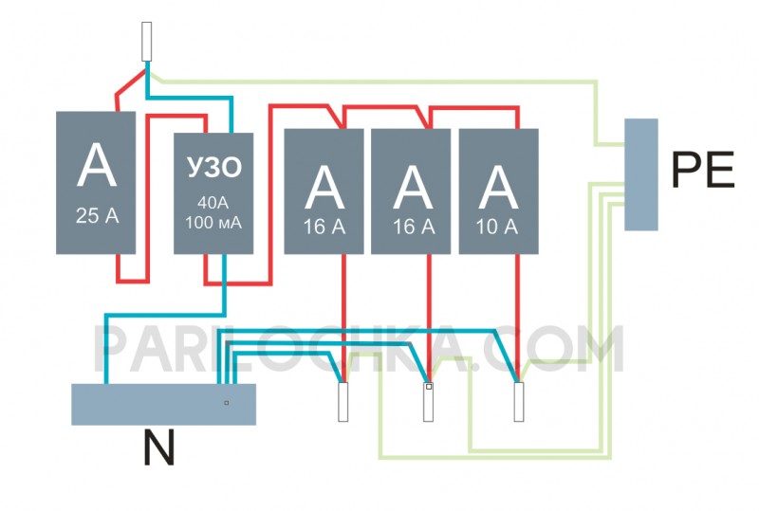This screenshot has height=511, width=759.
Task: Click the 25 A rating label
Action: click(x=98, y=215)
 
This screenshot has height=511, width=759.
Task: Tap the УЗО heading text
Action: click(x=214, y=167)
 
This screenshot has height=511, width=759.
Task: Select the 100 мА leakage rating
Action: click(x=213, y=223)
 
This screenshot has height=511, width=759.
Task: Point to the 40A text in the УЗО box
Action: click(x=213, y=203)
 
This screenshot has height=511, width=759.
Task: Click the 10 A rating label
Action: click(x=497, y=227)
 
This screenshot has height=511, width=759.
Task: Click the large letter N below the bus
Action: click(x=158, y=447)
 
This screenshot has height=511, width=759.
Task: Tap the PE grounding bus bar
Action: click(x=641, y=174)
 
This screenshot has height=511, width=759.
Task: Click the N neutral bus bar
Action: click(x=163, y=405)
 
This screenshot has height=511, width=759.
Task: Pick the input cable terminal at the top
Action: click(x=147, y=42)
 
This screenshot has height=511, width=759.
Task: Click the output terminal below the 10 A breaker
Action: click(x=518, y=402)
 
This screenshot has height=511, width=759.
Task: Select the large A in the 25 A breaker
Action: click(x=97, y=165)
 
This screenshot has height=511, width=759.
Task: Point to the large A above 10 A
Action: click(x=499, y=188)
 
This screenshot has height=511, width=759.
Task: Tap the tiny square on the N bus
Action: click(x=226, y=403)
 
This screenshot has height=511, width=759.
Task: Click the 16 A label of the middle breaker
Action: click(x=414, y=227)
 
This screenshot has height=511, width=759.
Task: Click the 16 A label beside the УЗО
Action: click(x=324, y=227)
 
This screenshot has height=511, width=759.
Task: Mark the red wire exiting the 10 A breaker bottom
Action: click(x=517, y=315)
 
